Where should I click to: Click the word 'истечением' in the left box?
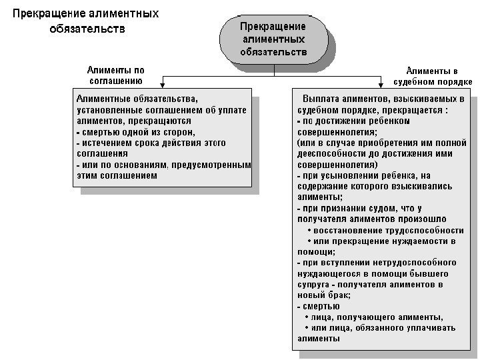tap(108, 143)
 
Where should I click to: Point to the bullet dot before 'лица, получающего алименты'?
tap(305, 317)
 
